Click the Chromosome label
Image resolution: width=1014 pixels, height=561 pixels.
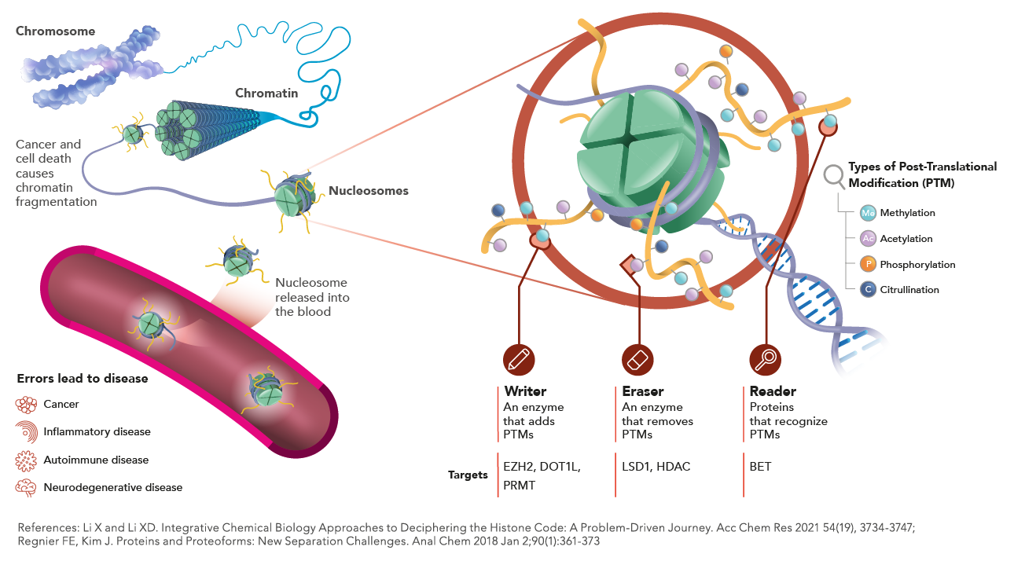pos(56,31)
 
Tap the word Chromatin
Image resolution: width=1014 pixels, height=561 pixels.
pos(266,93)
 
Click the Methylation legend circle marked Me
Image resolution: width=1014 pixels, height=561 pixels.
pos(868,213)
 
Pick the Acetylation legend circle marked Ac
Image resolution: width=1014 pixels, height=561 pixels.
pos(868,239)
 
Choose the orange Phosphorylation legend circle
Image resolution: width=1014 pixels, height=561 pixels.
pos(868,264)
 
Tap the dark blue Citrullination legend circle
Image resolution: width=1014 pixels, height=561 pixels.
pos(868,290)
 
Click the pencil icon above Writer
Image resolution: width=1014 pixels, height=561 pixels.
pos(519,359)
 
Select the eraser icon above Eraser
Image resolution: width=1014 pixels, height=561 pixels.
pos(637,359)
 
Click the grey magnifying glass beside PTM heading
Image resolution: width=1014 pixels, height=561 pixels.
pos(834,175)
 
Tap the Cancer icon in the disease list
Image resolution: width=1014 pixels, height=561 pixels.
pos(27,405)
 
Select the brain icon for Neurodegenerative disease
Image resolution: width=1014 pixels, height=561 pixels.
pos(27,487)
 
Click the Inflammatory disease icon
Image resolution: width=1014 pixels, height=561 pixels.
pos(27,431)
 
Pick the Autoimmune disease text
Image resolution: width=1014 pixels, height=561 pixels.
pos(96,460)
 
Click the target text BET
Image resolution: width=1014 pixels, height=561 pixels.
pos(760,467)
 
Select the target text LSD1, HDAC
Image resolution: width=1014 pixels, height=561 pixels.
pos(656,467)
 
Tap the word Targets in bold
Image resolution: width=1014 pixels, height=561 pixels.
pos(468,475)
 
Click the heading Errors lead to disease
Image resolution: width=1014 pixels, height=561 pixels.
pos(83,379)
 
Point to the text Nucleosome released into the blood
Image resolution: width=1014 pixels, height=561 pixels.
pos(311,297)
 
